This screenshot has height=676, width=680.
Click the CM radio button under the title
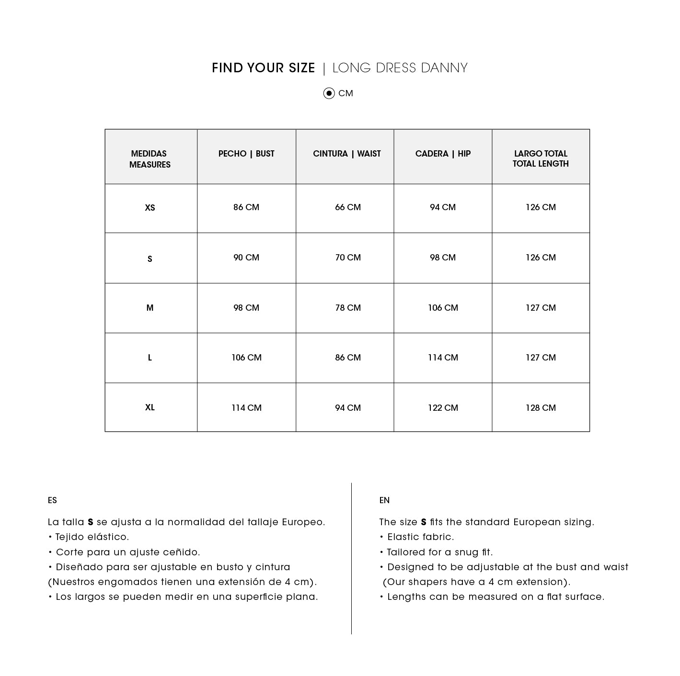click(x=329, y=93)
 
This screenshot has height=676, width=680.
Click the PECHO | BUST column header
click(x=246, y=154)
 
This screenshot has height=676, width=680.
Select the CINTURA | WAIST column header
click(x=346, y=154)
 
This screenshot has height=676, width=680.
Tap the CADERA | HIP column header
click(x=443, y=154)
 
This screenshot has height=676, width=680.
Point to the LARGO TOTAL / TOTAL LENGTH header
click(x=541, y=158)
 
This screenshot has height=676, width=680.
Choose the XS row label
click(x=150, y=208)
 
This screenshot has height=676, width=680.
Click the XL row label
click(x=150, y=407)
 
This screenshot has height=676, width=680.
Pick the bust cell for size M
click(x=246, y=308)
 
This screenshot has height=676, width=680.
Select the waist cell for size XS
click(x=348, y=207)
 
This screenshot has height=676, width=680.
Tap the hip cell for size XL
click(x=443, y=408)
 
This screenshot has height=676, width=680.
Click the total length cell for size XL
click(x=541, y=408)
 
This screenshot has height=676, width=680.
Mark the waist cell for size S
click(x=348, y=258)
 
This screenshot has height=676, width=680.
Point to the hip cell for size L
click(x=443, y=358)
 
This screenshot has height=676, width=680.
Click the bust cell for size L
click(x=246, y=358)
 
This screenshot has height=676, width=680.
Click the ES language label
click(x=52, y=500)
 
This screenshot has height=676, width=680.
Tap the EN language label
click(x=384, y=500)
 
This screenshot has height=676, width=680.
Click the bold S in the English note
click(x=424, y=522)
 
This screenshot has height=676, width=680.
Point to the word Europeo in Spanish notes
click(x=303, y=522)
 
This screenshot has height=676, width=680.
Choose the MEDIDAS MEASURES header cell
click(x=150, y=159)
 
